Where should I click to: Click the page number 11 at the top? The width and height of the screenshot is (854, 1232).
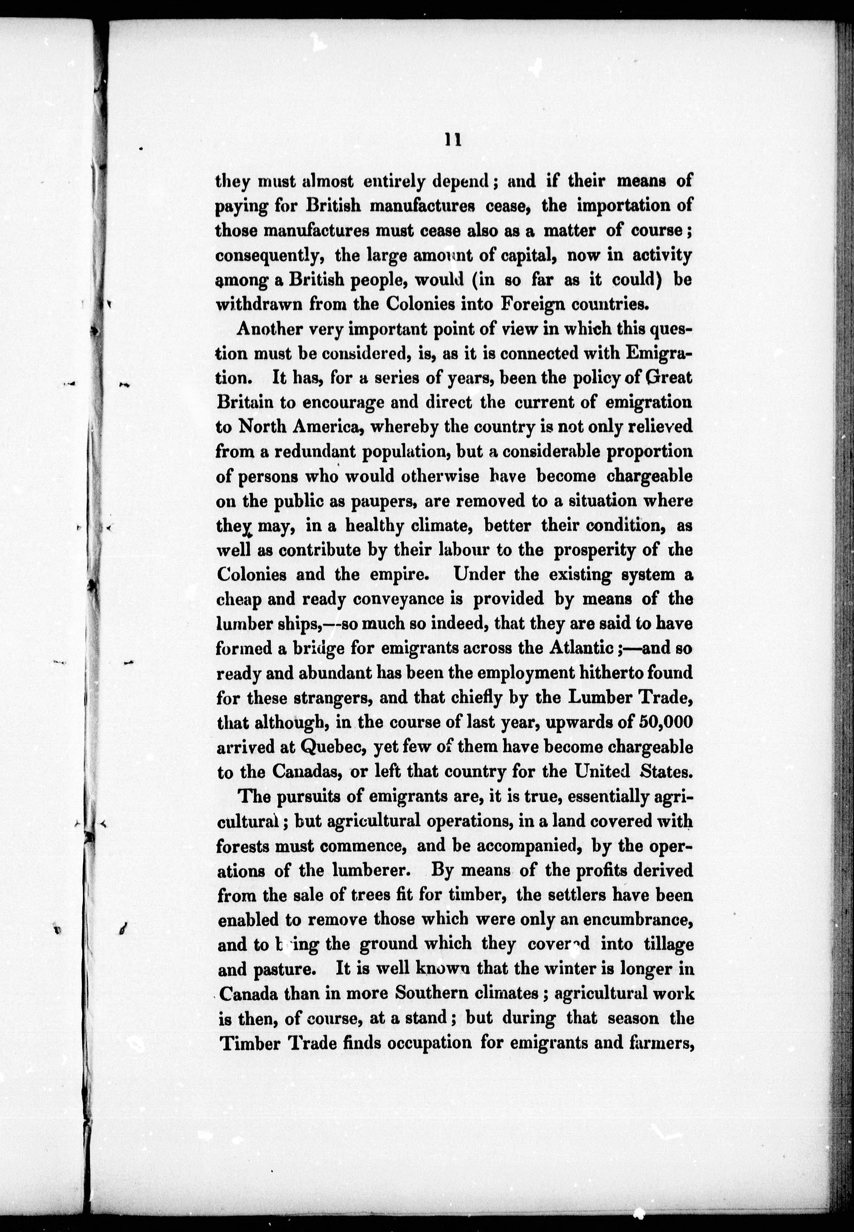click(453, 140)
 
